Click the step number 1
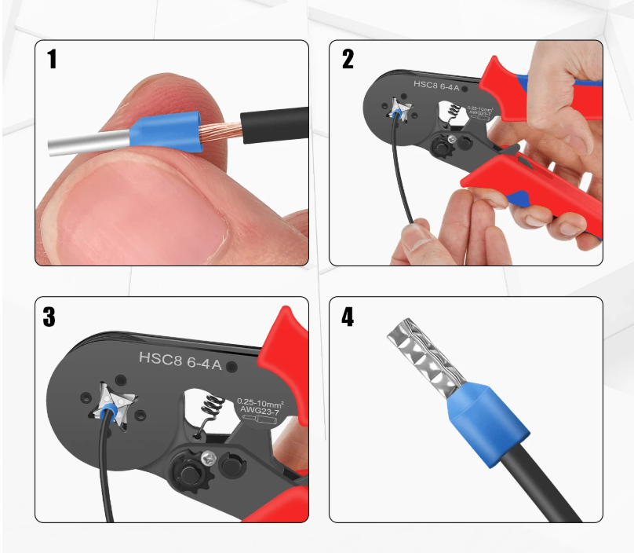[52, 59]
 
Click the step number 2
[348, 59]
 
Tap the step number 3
[49, 317]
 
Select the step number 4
[348, 317]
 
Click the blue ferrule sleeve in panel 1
[166, 131]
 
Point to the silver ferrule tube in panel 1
[89, 143]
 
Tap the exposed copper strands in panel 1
[220, 130]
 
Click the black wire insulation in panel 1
[275, 125]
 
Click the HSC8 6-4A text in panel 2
[436, 86]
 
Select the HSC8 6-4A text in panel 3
[180, 361]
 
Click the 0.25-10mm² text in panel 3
[260, 403]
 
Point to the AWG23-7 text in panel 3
[260, 412]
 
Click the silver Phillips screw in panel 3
[209, 459]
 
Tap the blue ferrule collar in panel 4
[487, 423]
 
